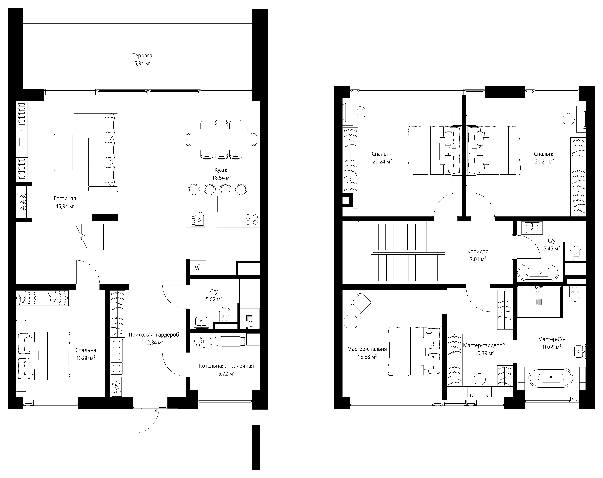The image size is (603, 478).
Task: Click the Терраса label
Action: (142, 56)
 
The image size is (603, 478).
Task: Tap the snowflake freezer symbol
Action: (198, 267)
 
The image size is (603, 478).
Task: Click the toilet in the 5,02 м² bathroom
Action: (225, 314)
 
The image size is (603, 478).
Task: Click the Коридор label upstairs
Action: (478, 251)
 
